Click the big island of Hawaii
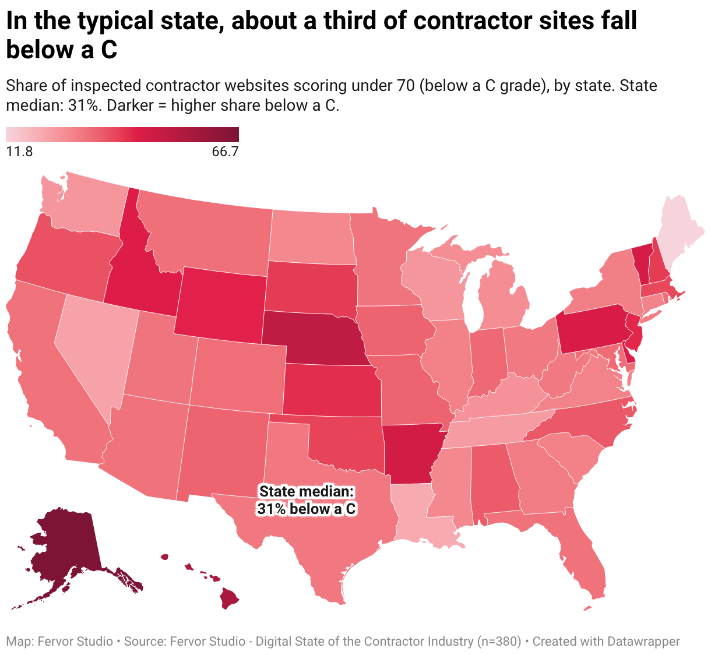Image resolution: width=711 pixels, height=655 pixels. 228,599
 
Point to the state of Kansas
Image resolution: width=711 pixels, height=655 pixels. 332,390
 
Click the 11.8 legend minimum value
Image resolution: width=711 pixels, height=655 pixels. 19,152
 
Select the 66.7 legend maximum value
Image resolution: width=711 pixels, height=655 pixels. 226,152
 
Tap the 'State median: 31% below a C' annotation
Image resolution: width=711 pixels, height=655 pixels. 306,500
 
